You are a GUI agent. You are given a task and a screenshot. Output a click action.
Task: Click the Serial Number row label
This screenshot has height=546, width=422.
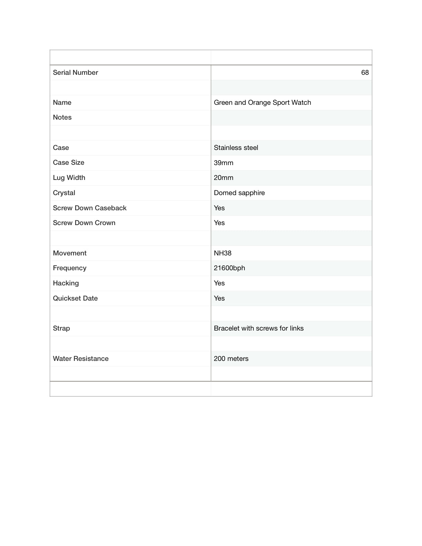click(76, 73)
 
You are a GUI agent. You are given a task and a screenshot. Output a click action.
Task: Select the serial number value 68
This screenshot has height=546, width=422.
click(365, 73)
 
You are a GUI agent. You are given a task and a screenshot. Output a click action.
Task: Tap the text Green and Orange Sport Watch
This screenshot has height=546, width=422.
click(262, 103)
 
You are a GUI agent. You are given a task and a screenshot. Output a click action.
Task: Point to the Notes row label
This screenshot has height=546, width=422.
click(62, 118)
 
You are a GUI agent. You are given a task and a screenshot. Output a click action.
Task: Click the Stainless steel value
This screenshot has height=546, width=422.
click(236, 148)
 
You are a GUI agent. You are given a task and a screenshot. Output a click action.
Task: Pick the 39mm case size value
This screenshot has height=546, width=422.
click(223, 163)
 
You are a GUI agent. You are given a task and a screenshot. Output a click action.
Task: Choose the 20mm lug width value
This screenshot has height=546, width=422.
click(223, 178)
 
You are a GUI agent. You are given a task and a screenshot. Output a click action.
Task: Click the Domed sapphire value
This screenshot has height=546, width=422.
click(239, 193)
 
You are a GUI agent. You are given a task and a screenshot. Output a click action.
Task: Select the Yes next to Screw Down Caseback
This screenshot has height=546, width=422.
click(219, 208)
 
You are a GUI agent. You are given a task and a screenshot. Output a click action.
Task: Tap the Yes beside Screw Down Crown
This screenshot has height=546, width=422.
click(219, 223)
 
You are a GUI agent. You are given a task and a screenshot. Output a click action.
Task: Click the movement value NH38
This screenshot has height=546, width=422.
click(223, 253)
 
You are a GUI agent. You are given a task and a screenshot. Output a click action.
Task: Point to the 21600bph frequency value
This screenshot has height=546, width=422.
click(229, 268)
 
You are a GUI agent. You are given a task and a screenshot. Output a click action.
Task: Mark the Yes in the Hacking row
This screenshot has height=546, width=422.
click(219, 283)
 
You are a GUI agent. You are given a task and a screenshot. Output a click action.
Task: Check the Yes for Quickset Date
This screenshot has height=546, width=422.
click(219, 299)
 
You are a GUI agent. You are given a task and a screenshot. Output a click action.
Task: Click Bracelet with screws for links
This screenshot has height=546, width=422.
click(259, 328)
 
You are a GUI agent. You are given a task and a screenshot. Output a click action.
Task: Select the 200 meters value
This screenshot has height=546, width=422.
click(231, 359)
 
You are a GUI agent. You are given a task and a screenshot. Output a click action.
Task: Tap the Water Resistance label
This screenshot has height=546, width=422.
click(81, 359)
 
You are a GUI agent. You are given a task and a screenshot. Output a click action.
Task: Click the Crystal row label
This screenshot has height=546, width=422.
click(64, 193)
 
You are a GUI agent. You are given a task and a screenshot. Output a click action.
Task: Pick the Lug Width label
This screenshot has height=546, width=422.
click(69, 178)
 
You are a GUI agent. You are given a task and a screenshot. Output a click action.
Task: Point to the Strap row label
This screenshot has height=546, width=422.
click(61, 328)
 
